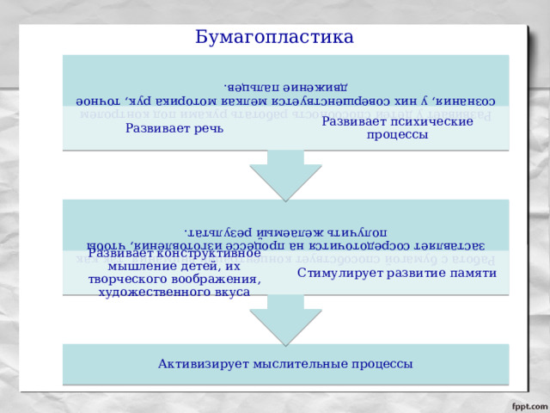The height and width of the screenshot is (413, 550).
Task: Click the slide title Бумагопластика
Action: (x=274, y=37)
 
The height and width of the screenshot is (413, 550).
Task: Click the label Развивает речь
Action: (x=174, y=128)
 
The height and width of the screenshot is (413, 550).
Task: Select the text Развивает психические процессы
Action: (x=397, y=128)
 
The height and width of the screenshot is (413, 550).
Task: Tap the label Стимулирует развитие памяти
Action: (x=397, y=273)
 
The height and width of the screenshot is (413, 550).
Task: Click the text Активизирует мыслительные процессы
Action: (x=285, y=364)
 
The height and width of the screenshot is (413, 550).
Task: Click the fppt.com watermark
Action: (x=526, y=403)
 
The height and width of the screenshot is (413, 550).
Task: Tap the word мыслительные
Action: (x=286, y=364)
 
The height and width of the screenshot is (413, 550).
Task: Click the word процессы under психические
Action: (x=397, y=135)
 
